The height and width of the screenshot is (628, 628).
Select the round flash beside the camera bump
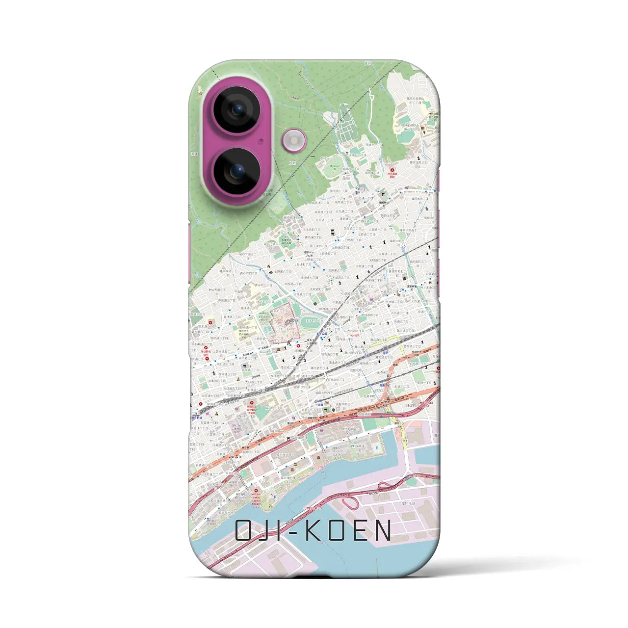[294, 141]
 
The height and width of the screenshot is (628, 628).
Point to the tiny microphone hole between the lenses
[261, 140]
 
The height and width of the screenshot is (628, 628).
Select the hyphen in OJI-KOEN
[295, 531]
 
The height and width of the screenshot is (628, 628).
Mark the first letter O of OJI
[244, 530]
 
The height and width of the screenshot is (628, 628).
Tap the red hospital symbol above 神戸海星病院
[392, 170]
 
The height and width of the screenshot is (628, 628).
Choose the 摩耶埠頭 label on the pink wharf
[407, 503]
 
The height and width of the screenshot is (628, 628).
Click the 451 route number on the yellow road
[405, 440]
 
